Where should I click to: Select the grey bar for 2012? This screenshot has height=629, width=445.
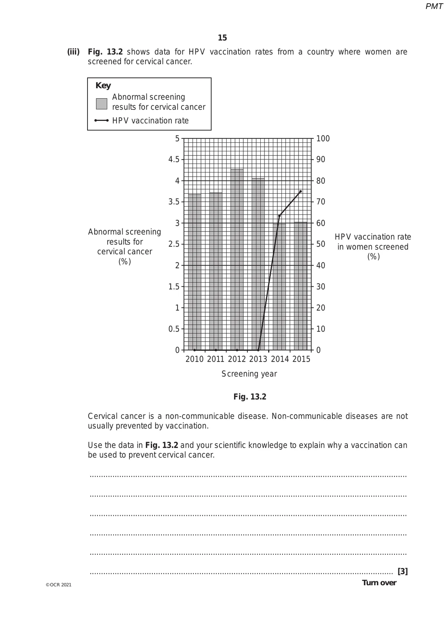pos(237,260)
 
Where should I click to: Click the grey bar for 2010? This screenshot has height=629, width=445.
pos(195,272)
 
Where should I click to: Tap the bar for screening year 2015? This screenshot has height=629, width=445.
pos(300,286)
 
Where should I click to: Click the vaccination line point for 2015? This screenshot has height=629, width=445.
pos(300,191)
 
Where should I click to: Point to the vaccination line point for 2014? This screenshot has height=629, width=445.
pos(279,216)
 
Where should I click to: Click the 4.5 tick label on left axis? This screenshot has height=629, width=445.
pos(174,160)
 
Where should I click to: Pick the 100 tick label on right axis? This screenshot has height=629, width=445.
pos(323,139)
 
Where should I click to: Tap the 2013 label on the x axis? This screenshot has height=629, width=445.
pos(258,359)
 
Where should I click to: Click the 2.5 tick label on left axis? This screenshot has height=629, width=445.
pos(174,244)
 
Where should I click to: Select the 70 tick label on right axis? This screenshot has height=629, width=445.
pos(320,202)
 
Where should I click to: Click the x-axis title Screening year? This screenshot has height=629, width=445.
pos(249,374)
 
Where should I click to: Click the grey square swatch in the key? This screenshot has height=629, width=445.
pos(102,103)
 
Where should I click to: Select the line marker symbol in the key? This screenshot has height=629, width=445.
pos(101,121)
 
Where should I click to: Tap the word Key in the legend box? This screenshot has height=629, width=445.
pos(103,86)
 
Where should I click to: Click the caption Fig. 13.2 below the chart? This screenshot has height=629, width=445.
pos(250,397)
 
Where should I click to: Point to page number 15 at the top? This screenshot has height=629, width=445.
pos(222,38)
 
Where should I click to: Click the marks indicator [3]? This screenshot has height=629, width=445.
pos(402,571)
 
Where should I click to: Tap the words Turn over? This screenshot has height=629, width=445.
pos(379,583)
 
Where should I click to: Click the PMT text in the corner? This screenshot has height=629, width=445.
pos(434,6)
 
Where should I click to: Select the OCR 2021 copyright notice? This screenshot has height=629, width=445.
pos(59,585)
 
